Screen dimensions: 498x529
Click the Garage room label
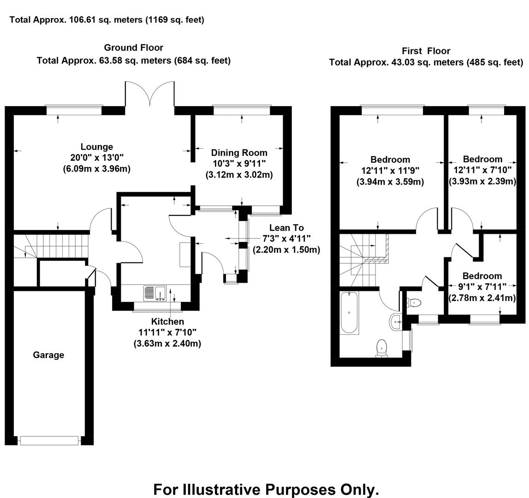48,355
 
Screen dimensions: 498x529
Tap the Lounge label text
97,147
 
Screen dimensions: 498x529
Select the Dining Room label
239,153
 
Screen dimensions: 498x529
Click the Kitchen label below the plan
167,321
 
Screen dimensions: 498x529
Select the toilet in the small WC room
414,303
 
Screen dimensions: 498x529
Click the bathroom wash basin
396,321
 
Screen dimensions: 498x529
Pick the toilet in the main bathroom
382,348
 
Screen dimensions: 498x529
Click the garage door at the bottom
50,440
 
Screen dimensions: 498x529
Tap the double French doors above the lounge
150,95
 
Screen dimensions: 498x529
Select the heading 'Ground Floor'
133,47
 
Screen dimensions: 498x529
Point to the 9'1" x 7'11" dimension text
482,287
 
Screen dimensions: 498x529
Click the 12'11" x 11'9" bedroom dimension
390,171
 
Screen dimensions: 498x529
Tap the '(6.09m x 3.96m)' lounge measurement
97,169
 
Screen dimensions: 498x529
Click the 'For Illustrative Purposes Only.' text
266,489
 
